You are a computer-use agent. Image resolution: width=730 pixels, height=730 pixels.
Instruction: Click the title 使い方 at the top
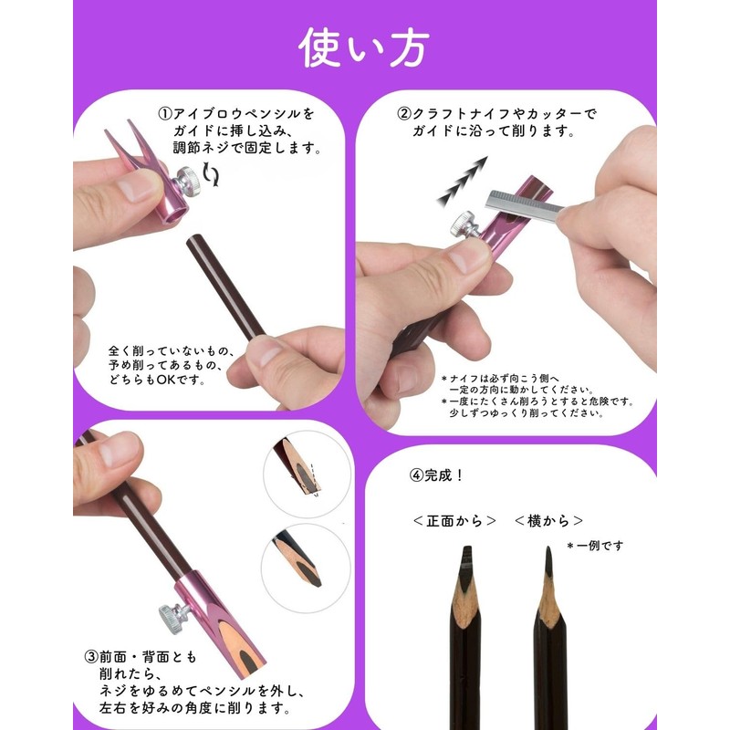tap(364, 48)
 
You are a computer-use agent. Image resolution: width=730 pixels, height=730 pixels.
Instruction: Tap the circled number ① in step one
tap(165, 114)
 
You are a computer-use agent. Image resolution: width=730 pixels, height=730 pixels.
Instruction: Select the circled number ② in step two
tap(403, 114)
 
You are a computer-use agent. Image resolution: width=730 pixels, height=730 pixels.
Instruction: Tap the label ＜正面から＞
tap(454, 521)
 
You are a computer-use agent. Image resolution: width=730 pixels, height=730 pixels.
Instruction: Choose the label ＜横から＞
tap(547, 521)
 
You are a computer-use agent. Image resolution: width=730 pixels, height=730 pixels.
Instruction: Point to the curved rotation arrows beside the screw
tap(213, 173)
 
